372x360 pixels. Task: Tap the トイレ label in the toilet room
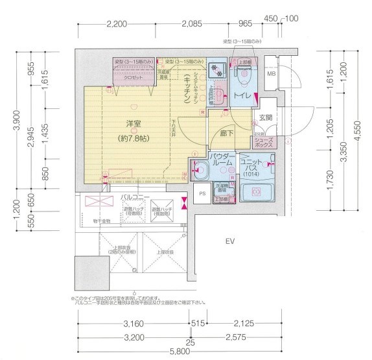(x=242, y=97)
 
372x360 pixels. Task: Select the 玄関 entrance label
(x=266, y=117)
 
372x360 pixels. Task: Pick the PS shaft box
(x=202, y=193)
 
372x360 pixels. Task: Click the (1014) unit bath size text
(x=251, y=174)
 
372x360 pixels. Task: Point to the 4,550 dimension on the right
(x=358, y=129)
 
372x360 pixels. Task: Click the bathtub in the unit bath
(x=257, y=193)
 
